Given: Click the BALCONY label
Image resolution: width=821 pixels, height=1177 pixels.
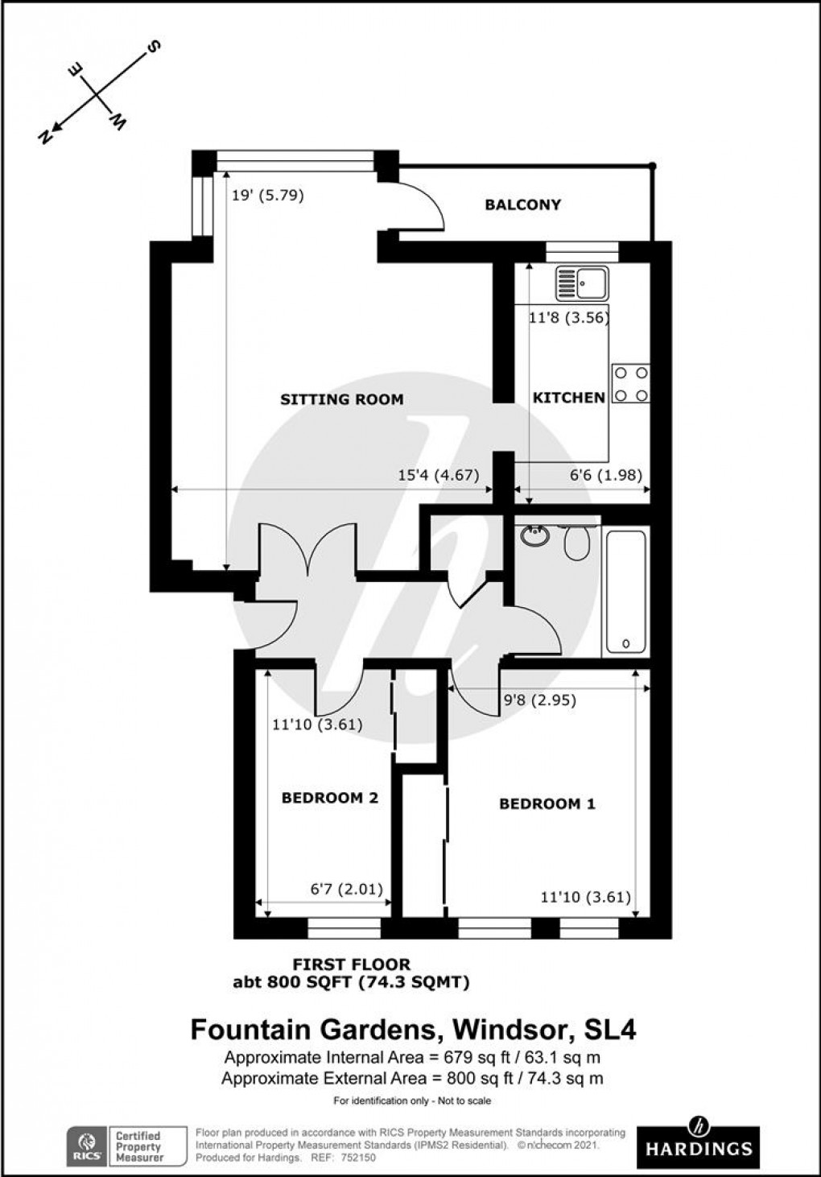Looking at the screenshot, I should pyautogui.click(x=522, y=204).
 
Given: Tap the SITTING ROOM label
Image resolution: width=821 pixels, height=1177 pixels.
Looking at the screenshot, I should pyautogui.click(x=341, y=399).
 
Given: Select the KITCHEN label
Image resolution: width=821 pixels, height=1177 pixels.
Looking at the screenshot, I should pyautogui.click(x=568, y=397).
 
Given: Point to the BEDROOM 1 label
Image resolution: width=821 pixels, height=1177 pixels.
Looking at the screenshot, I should pyautogui.click(x=547, y=803).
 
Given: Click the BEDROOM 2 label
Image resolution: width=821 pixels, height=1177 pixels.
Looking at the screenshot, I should pyautogui.click(x=329, y=798).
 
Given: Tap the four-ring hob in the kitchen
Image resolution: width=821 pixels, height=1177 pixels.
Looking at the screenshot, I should pyautogui.click(x=630, y=384).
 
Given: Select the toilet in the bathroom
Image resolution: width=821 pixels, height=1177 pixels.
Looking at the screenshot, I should pyautogui.click(x=576, y=541).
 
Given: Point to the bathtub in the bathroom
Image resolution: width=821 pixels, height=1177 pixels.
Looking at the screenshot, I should pyautogui.click(x=625, y=591).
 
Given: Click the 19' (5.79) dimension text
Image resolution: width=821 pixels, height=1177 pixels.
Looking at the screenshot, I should pyautogui.click(x=268, y=195).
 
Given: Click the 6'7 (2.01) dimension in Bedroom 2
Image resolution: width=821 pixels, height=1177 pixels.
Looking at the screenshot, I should pyautogui.click(x=346, y=890).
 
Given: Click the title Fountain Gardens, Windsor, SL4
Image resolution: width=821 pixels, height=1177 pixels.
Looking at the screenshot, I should pyautogui.click(x=413, y=1030).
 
